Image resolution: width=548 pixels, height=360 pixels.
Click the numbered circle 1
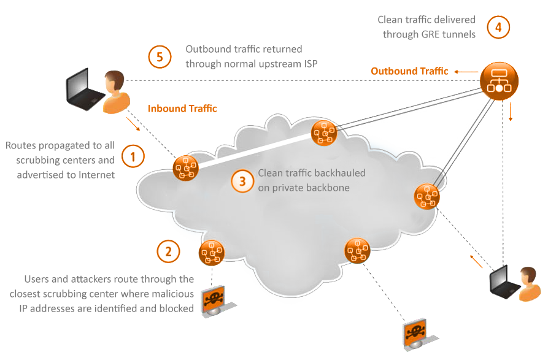pos(133,156)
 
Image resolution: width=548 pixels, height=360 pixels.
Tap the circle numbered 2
pos(168,251)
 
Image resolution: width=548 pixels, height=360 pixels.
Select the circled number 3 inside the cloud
pos(242,181)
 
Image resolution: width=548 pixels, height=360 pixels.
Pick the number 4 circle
pos(498,27)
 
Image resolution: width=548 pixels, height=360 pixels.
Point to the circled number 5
pos(160,58)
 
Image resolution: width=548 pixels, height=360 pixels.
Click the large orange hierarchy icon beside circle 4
pos(499,80)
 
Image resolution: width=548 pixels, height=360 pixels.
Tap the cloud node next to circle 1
pos(185,168)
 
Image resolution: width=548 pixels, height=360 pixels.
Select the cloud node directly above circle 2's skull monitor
pos(212,252)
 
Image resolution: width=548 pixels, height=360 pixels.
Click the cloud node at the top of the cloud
pos(323,133)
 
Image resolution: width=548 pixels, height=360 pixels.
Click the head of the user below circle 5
pos(114,80)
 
